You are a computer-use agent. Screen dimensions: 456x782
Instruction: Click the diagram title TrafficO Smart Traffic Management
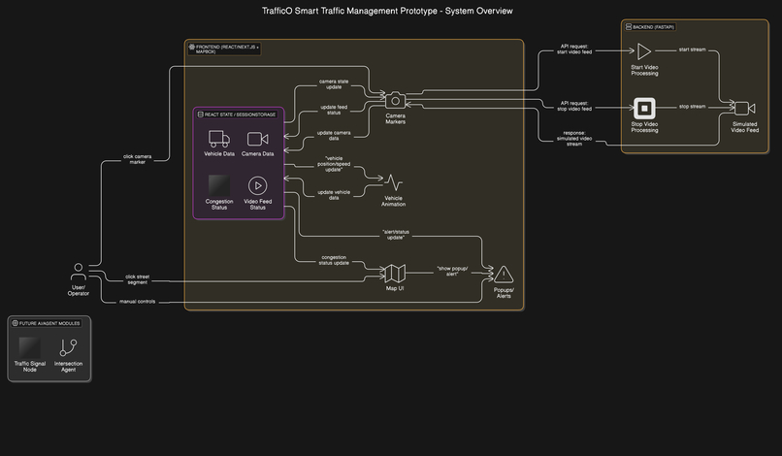[x=387, y=11]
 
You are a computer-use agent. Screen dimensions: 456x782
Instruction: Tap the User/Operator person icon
[x=78, y=271]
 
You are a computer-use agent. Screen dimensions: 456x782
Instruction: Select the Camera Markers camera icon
[x=395, y=100]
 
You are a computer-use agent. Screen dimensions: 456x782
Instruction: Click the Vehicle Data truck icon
[x=219, y=139]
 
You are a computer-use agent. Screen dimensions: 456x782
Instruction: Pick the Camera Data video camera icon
[x=257, y=139]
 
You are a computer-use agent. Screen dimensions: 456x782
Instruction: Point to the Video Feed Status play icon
[x=257, y=185]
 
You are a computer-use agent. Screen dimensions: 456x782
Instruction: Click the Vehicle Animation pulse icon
[x=394, y=182]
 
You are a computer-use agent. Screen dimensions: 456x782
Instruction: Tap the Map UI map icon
[x=395, y=274]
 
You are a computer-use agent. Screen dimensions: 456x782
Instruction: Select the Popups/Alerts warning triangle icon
[x=504, y=275]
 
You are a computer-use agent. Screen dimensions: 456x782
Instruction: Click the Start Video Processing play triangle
[x=644, y=51]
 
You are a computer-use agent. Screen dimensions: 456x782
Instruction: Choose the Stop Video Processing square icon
[x=644, y=108]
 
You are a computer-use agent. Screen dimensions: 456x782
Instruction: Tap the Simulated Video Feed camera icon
[x=744, y=108]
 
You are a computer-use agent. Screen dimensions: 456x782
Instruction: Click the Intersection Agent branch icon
[x=68, y=347]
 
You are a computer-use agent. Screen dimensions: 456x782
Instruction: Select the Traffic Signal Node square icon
[x=29, y=347]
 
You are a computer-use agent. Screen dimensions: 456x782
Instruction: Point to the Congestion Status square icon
[x=219, y=185]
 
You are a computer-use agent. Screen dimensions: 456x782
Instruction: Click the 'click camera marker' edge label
[x=137, y=158]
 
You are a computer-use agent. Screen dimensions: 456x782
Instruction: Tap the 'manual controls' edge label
[x=137, y=302]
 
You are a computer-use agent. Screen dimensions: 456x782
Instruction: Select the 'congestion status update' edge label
[x=334, y=260]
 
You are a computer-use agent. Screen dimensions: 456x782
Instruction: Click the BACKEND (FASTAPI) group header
[x=656, y=27]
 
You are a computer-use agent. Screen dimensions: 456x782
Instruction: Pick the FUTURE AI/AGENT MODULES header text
[x=49, y=322]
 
